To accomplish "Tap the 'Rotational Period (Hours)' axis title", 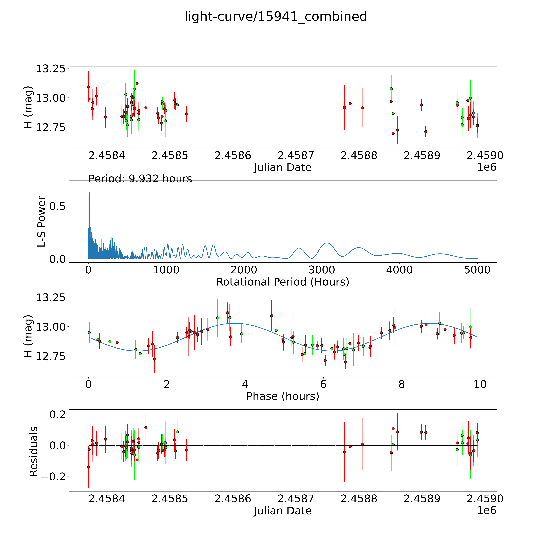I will [x=283, y=282].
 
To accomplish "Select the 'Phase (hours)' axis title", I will [x=283, y=396].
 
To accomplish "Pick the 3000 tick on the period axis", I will [x=322, y=270].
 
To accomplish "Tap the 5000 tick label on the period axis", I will [x=477, y=270].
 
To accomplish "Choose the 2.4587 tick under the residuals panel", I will [x=296, y=499].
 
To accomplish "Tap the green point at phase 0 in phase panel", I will [x=89, y=333].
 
